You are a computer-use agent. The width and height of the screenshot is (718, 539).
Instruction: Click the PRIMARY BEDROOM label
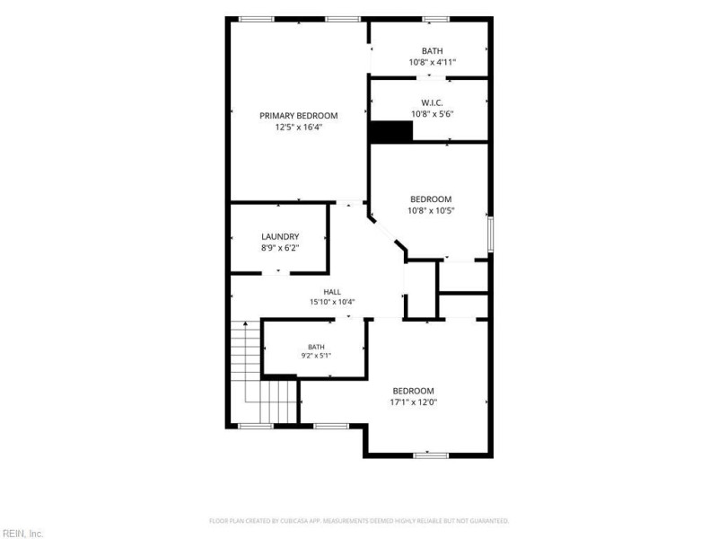299,116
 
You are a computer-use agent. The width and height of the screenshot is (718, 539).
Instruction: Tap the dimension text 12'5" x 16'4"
299,128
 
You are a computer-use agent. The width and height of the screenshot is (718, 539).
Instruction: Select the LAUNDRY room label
280,236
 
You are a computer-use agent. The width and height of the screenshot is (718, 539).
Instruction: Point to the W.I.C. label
432,102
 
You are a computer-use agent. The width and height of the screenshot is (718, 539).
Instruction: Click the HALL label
332,292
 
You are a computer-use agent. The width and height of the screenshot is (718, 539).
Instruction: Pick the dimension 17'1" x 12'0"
413,402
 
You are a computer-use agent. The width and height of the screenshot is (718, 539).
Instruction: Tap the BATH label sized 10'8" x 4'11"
433,51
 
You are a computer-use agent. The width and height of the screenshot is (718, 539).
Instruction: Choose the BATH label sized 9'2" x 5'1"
316,347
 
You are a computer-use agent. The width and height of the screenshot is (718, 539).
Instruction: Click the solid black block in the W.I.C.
391,131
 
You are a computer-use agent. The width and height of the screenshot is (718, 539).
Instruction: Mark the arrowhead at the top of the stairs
245,323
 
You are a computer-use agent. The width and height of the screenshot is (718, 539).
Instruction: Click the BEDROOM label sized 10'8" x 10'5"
431,199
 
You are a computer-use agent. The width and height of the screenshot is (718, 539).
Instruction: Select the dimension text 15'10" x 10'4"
332,302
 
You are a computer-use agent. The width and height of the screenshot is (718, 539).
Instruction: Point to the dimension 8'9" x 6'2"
280,248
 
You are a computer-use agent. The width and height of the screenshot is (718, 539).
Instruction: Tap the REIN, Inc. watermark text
22,534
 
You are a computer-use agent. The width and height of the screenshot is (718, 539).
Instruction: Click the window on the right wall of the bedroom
490,234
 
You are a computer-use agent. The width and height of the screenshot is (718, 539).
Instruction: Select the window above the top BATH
435,19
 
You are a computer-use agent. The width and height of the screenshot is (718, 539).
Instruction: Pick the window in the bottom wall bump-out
431,455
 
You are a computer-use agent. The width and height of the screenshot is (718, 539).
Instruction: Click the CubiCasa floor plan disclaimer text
359,521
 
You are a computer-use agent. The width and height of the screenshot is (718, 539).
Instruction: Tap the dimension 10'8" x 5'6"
432,114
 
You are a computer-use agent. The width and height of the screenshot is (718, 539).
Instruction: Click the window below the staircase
256,426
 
